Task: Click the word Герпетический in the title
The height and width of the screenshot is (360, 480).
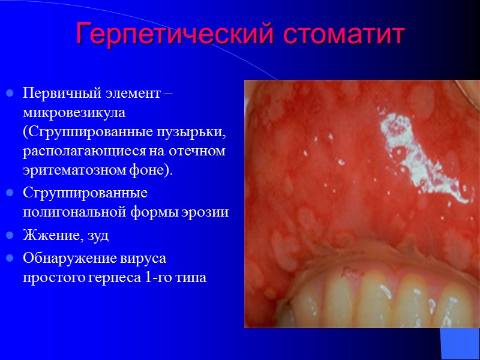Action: (x=166, y=35)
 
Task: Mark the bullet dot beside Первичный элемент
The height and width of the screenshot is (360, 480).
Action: (x=9, y=95)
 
